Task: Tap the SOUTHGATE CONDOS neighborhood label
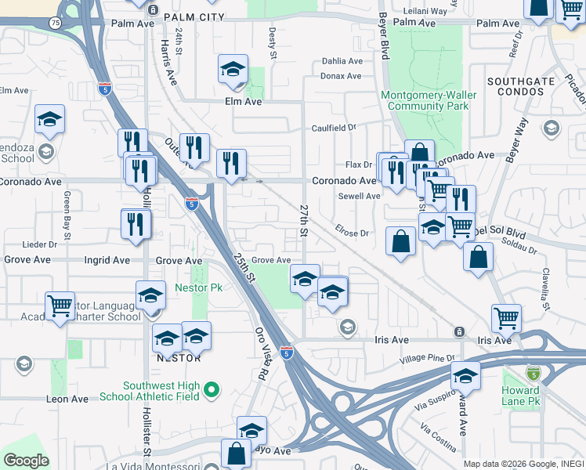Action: pos(515,86)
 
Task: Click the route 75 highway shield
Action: pos(54,23)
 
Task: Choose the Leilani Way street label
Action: pos(425,12)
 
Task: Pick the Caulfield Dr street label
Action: pos(334,128)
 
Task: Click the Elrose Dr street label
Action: pos(352,233)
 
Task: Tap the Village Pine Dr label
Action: pos(424,358)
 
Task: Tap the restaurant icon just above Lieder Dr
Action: pos(136,224)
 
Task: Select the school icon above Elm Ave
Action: pos(233,70)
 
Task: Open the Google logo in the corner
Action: pos(26,461)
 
